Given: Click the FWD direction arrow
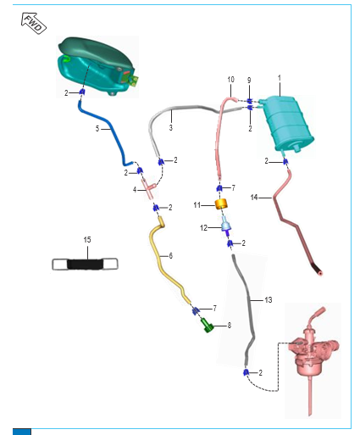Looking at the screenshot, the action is pyautogui.click(x=34, y=23).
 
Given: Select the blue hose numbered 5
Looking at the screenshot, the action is pyautogui.click(x=104, y=132).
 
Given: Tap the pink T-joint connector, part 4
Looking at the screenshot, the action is pyautogui.click(x=149, y=189).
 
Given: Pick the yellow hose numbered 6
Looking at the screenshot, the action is pyautogui.click(x=167, y=260).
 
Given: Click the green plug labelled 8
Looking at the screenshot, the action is pyautogui.click(x=208, y=325).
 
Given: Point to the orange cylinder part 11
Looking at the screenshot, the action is pyautogui.click(x=221, y=204).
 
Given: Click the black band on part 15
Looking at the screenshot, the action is pyautogui.click(x=86, y=264).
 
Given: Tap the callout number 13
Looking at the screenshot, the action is pyautogui.click(x=269, y=299).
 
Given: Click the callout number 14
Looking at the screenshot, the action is pyautogui.click(x=254, y=197).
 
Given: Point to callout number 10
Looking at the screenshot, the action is pyautogui.click(x=231, y=80).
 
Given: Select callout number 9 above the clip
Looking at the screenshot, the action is pyautogui.click(x=249, y=81).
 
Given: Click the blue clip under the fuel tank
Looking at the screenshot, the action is pyautogui.click(x=82, y=92).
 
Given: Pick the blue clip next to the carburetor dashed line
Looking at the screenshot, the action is pyautogui.click(x=246, y=372).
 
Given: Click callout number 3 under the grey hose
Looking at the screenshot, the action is pyautogui.click(x=171, y=127).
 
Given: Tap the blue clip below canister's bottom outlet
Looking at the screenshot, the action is pyautogui.click(x=285, y=161).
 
